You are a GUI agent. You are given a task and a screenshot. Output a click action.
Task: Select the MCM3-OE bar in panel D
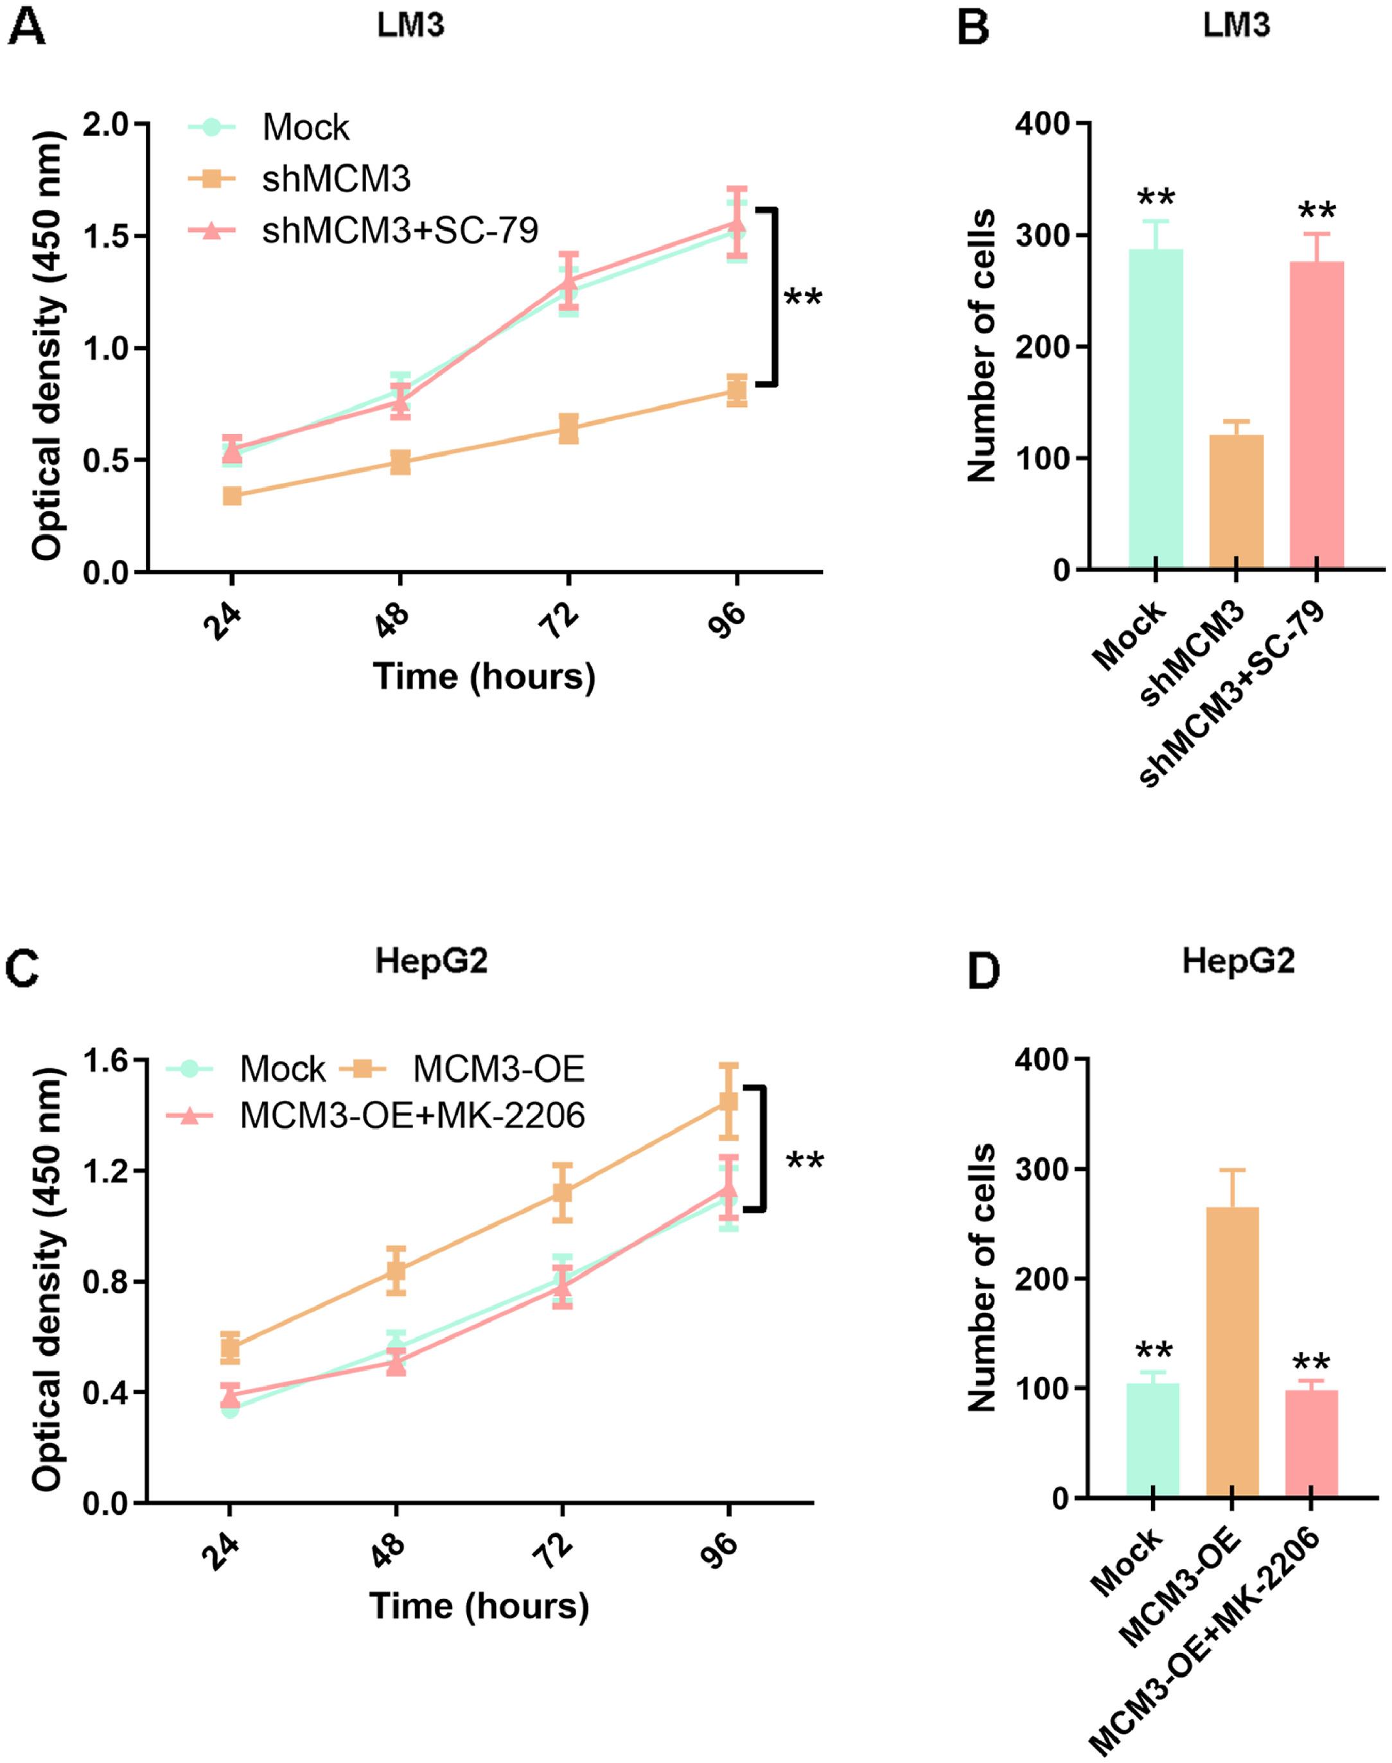pos(1231,1353)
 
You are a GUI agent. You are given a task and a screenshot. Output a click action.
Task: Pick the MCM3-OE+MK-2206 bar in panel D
pos(1310,1443)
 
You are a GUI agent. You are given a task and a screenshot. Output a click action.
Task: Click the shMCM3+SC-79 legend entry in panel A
pos(400,231)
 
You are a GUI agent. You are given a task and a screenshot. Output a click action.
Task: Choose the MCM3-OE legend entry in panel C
pos(498,1069)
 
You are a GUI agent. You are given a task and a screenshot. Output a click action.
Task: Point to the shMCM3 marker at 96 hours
pos(737,390)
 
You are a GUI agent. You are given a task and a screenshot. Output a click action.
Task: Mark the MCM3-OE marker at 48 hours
pos(396,1270)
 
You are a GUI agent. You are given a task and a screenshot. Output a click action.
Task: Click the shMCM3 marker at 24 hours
pos(233,495)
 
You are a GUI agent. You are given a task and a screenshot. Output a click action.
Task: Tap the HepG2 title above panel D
pos(1238,962)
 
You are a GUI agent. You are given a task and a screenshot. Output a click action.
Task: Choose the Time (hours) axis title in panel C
pos(479,1606)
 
